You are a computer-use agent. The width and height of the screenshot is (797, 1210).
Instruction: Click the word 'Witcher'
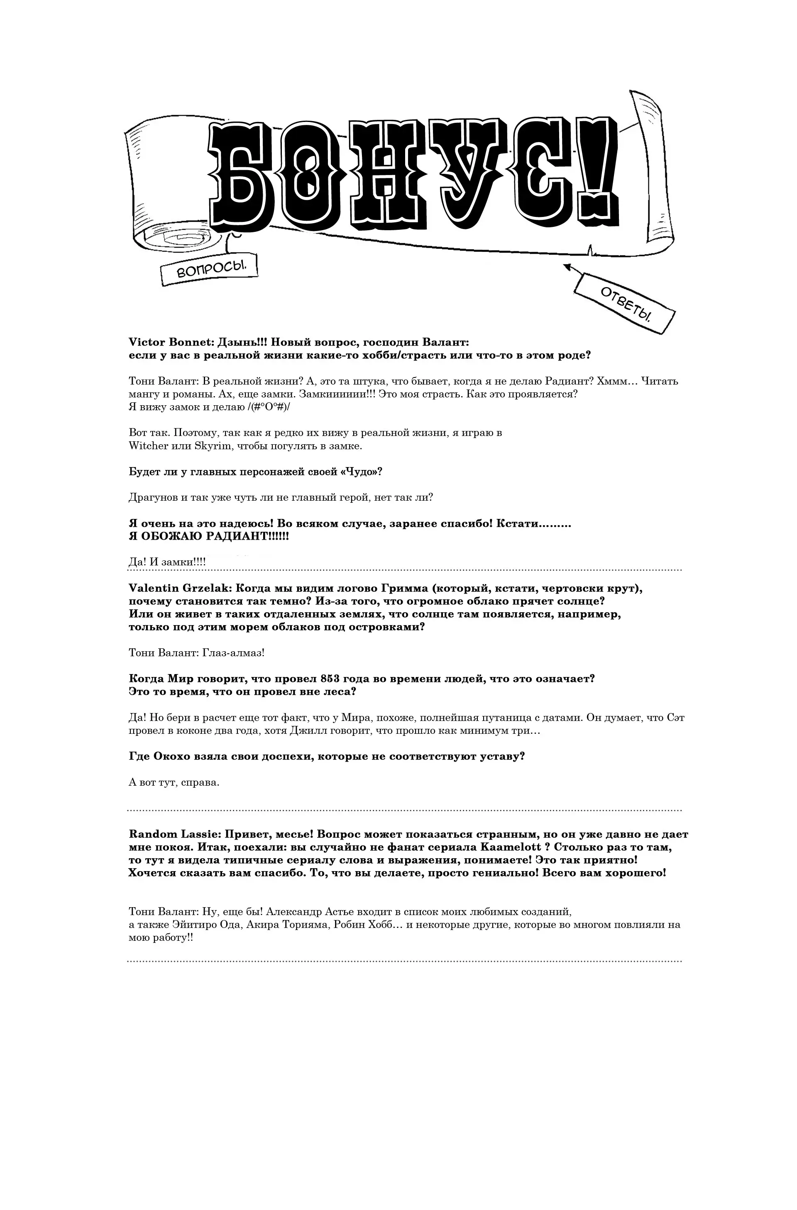click(x=149, y=446)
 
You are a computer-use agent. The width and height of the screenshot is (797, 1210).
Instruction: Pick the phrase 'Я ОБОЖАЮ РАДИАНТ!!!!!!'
click(x=208, y=536)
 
